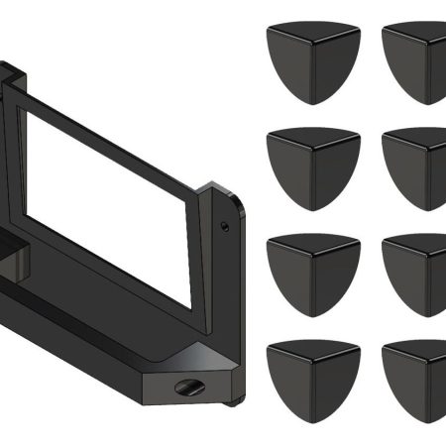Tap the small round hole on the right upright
(x=226, y=227)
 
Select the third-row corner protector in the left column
(x=313, y=273)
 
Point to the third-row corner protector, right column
(x=416, y=273)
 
